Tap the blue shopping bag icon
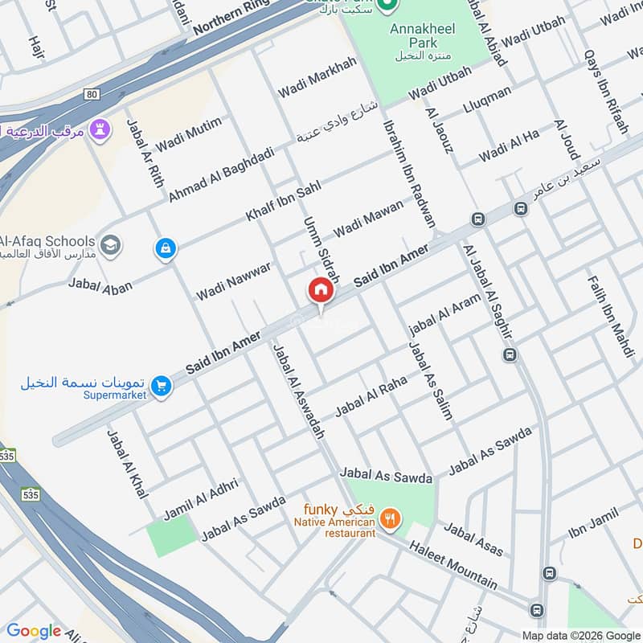coord(166,249)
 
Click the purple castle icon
coord(100,129)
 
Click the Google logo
coord(34,631)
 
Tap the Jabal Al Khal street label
coord(127,461)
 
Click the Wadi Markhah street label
coord(317,78)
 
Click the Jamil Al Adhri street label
coord(201,498)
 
